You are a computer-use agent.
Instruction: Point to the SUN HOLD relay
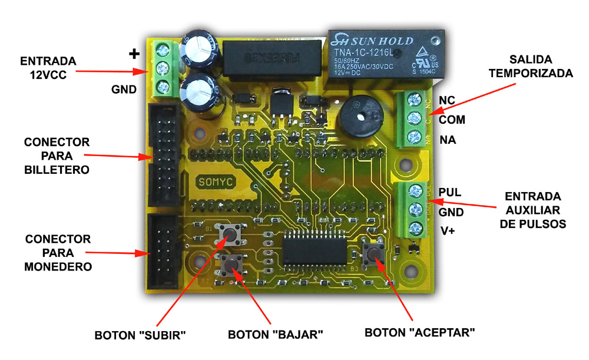click(x=385, y=55)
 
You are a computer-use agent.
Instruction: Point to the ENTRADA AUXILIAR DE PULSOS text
click(x=533, y=210)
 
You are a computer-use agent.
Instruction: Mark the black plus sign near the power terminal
click(x=134, y=54)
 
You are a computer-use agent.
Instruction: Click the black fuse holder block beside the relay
click(x=272, y=59)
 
